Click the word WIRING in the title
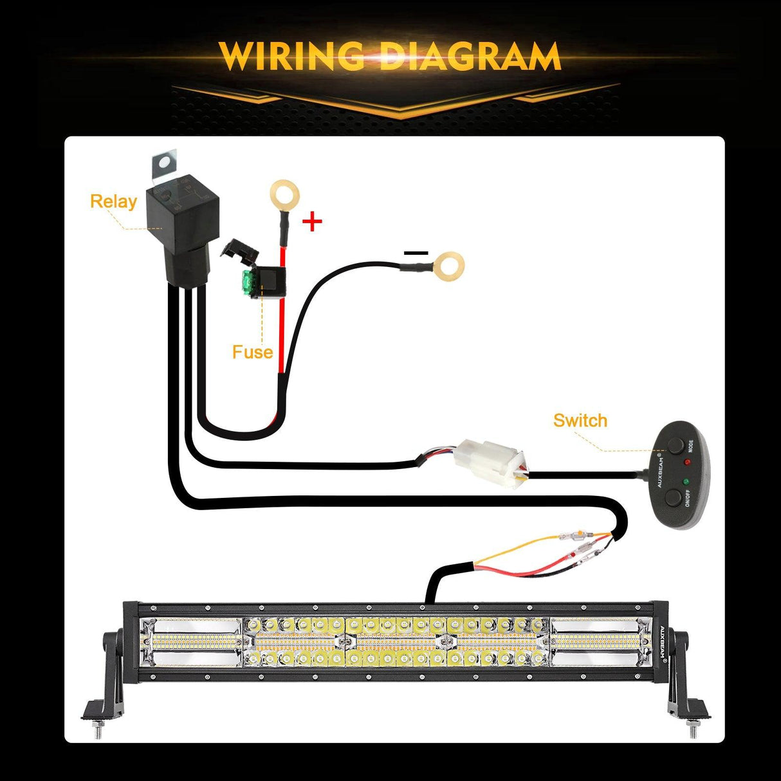point(289,56)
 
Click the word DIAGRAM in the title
point(470,56)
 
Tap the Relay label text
point(113,201)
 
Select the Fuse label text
point(252,352)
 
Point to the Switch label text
point(580,420)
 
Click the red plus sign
point(312,222)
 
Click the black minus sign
point(416,253)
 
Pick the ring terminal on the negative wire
point(448,266)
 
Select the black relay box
point(185,225)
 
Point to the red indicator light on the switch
point(686,463)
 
